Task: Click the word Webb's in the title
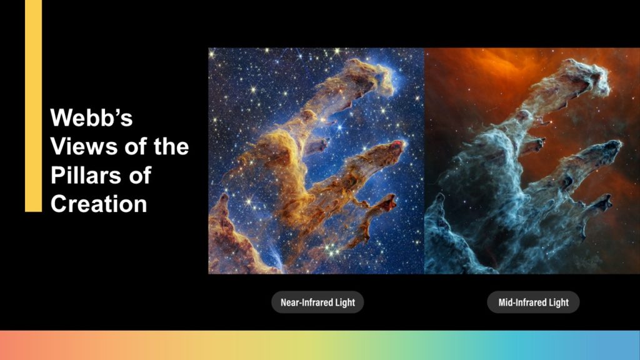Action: tap(91, 117)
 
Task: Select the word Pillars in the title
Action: tap(86, 175)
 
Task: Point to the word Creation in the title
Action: tap(98, 204)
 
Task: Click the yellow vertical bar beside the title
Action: tap(34, 106)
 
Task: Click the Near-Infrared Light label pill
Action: tap(317, 302)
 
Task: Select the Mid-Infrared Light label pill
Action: tap(533, 302)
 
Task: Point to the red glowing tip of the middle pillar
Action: tap(399, 144)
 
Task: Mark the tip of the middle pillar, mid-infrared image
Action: tap(615, 144)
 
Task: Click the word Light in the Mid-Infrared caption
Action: tap(559, 302)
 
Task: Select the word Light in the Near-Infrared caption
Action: tap(345, 302)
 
